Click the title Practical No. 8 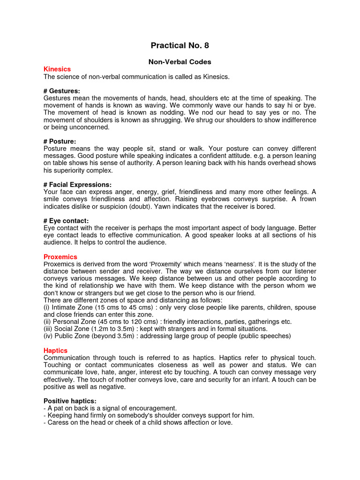click(180, 45)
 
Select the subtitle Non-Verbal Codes click(180, 61)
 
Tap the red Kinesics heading click(57, 69)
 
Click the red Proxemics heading click(60, 257)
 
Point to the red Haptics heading click(55, 351)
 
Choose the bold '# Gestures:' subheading click(61, 90)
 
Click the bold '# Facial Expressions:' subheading click(77, 185)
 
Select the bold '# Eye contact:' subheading click(66, 221)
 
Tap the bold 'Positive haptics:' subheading click(70, 401)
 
